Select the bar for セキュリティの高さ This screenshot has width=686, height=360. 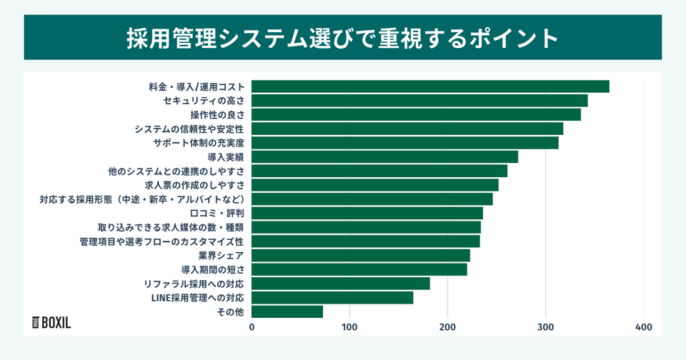point(419,101)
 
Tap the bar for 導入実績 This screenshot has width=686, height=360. point(384,157)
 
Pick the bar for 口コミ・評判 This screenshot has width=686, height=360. point(367,213)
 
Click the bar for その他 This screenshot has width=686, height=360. point(287,311)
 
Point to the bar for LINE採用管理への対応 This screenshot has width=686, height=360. point(332,298)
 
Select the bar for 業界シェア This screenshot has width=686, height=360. point(361,255)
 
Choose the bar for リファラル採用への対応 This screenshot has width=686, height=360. point(341,284)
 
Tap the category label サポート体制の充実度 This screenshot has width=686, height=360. point(199,143)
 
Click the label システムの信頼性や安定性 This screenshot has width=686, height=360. point(189,129)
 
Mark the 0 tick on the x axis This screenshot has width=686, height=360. point(252,327)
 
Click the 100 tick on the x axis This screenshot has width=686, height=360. point(349,327)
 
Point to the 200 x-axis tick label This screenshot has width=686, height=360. point(447,327)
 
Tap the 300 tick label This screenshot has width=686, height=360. point(545,327)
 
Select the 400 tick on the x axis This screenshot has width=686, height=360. point(643,327)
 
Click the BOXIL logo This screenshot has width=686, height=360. point(52,322)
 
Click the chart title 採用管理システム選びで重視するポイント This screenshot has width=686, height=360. point(343,37)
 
